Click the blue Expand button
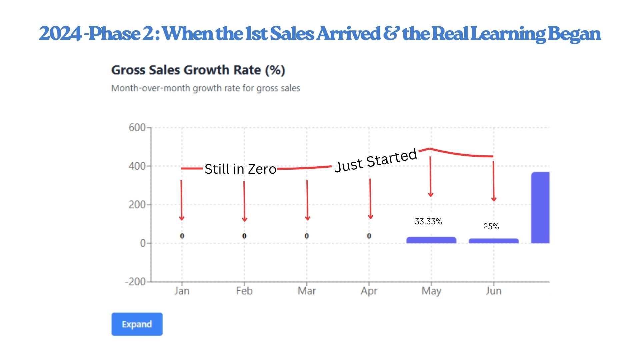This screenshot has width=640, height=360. tap(137, 324)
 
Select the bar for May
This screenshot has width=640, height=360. tap(431, 240)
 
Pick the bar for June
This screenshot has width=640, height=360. tap(493, 241)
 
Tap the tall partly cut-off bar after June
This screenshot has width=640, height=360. tap(540, 207)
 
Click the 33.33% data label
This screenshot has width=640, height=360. tap(428, 222)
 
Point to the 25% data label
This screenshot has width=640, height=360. tap(491, 227)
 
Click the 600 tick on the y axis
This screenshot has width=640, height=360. tap(137, 127)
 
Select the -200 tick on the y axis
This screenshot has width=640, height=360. tap(135, 282)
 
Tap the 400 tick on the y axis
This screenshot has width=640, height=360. tap(137, 166)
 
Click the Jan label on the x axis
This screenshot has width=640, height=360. tap(182, 291)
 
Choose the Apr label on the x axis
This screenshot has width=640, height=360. tap(369, 291)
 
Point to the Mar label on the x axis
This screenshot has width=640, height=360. tap(307, 291)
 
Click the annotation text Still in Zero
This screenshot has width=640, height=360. tap(240, 169)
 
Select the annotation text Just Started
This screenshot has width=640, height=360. tap(376, 161)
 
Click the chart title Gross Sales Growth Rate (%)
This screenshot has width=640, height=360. tap(198, 70)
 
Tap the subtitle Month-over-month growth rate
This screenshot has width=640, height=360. tap(205, 88)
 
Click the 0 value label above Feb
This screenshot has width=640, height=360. tap(244, 236)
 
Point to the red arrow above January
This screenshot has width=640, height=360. tap(181, 200)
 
